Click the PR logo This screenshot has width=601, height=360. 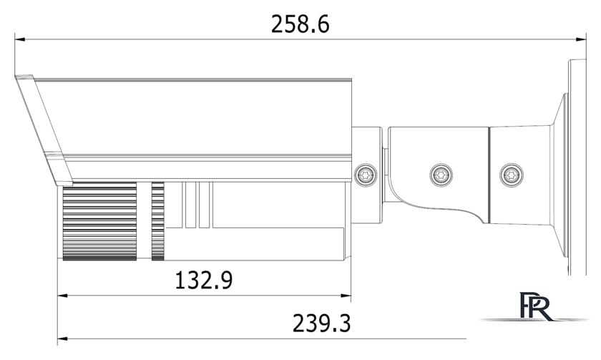[x=536, y=307]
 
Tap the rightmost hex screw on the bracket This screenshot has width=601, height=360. [x=509, y=173]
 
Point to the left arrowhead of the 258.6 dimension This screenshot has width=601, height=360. [x=20, y=39]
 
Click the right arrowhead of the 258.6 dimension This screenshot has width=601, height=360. [x=582, y=39]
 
